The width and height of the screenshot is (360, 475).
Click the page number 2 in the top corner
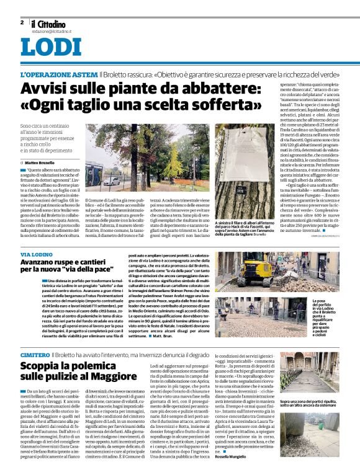click(x=22, y=22)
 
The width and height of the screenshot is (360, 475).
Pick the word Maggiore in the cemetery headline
click(x=110, y=377)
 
